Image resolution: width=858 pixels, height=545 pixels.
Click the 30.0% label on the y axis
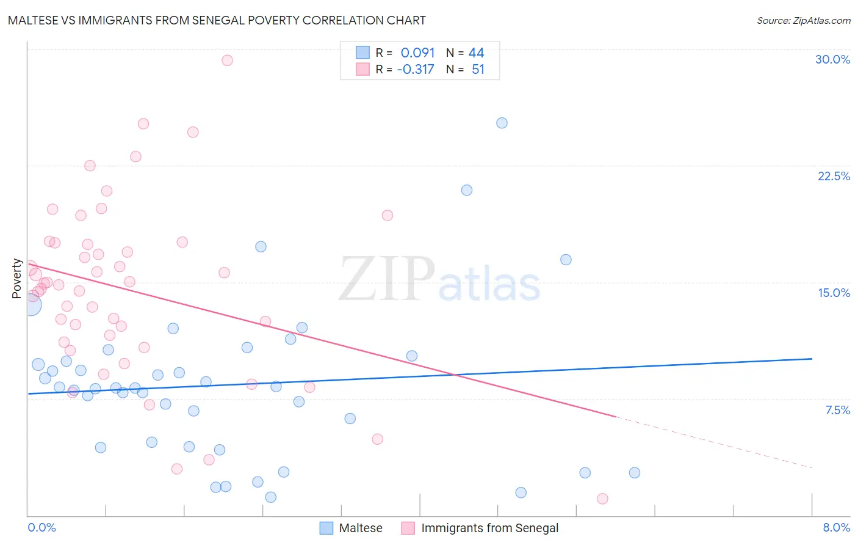(832, 59)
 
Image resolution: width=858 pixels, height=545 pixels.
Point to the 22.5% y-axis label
(834, 176)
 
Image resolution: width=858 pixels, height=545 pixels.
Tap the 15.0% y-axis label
(834, 293)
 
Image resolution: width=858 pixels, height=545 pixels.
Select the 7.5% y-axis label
(837, 410)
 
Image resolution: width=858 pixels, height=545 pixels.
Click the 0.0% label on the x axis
(41, 527)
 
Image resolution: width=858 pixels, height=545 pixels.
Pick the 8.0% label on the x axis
(836, 527)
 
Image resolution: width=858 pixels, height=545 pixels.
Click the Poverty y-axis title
(16, 279)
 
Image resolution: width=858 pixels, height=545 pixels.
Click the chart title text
(217, 20)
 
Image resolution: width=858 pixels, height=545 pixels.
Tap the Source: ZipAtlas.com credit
(803, 20)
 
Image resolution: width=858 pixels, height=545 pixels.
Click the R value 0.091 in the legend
(417, 53)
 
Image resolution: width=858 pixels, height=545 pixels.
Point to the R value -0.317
(415, 70)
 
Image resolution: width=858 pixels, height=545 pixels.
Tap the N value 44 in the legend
(476, 53)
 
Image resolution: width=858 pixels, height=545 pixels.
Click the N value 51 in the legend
(478, 70)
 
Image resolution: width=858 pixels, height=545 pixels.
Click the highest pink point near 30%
(227, 60)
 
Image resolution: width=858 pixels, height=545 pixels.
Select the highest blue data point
(502, 123)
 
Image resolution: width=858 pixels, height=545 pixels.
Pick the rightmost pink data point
(602, 499)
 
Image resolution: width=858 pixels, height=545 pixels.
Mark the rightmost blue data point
(635, 472)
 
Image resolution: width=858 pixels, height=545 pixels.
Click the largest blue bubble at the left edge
(31, 304)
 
